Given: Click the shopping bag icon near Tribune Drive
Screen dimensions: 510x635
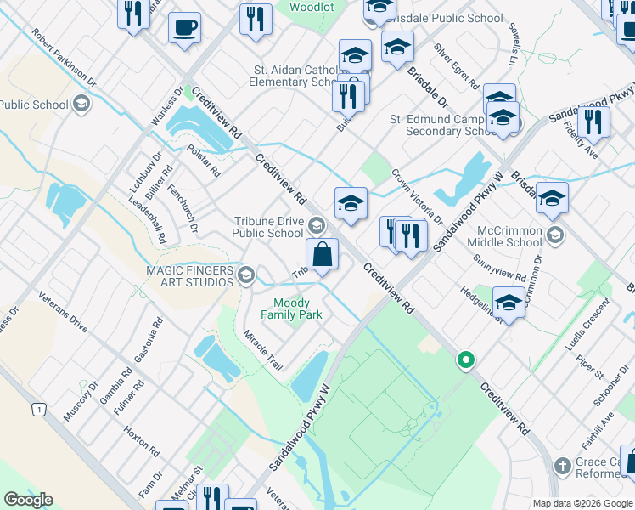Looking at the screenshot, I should click(x=323, y=254).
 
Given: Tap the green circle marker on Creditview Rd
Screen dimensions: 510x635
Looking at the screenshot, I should click(x=464, y=360).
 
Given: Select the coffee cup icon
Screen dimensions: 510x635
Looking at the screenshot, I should click(x=184, y=28).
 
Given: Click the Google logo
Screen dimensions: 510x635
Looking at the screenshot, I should click(x=28, y=500).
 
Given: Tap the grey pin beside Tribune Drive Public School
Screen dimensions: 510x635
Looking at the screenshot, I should click(x=316, y=225).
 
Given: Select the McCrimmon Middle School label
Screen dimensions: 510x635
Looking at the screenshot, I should click(x=506, y=235).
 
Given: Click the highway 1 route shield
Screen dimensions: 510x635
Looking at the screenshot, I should click(x=38, y=410).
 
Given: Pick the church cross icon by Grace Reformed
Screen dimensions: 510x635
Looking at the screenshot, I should click(x=561, y=465).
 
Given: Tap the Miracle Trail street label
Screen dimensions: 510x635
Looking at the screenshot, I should click(x=262, y=350).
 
